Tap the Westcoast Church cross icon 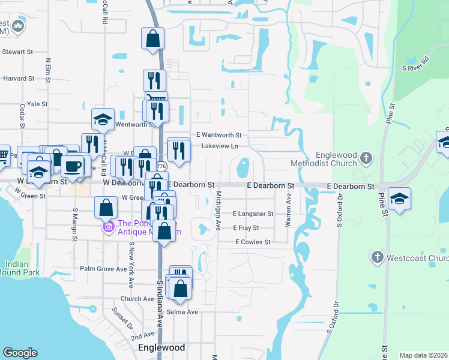coord(377,258)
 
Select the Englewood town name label coord(161,347)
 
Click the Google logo coord(20,353)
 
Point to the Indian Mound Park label coord(22,268)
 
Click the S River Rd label coord(416,64)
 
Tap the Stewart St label coord(17,52)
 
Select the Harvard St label coord(19,78)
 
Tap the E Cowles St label coord(253,242)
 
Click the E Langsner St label coord(253,214)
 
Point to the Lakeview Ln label coord(220,146)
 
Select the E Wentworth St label coord(218,135)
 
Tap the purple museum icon coord(109,227)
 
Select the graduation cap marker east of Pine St coord(399,197)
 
